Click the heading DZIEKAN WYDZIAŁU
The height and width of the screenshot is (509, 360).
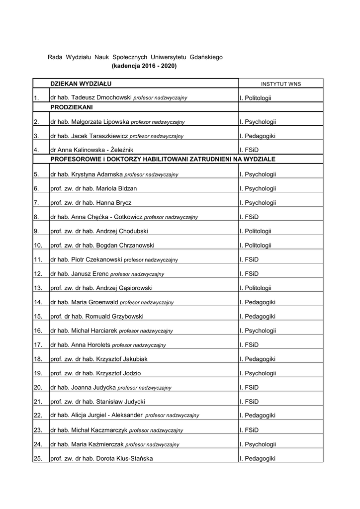81,83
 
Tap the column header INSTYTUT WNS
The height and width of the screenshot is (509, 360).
280,84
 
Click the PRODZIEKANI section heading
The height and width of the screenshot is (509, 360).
72,107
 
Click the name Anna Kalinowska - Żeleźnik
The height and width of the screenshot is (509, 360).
91,150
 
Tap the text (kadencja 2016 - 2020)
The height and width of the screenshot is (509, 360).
144,65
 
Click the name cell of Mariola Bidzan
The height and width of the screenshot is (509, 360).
93,188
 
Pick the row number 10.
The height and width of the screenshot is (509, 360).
38,245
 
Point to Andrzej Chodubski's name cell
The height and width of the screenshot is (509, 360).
99,231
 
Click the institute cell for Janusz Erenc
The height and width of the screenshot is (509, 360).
249,273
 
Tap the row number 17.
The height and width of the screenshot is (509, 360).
38,344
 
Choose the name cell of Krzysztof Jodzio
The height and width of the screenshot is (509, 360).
95,373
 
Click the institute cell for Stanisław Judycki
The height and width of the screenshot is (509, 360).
249,401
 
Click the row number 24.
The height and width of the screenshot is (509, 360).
38,444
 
